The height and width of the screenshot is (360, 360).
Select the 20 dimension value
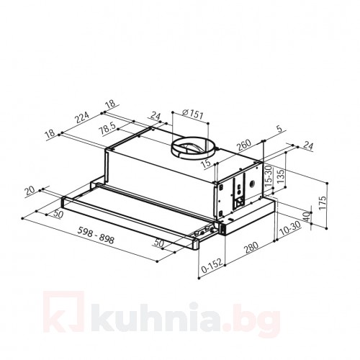point(30,191)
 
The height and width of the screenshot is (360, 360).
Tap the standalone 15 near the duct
point(207,164)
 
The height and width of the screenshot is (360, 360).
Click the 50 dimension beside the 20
point(57,214)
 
